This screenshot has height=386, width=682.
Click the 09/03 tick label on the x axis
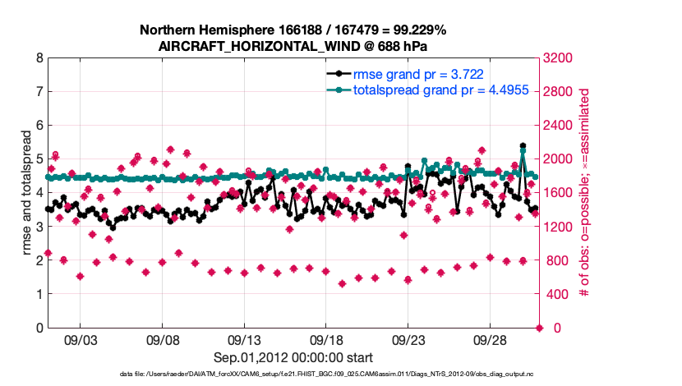(81, 339)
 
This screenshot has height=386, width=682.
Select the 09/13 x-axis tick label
(244, 339)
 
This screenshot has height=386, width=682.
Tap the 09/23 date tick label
(408, 339)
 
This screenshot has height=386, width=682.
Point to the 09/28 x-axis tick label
(490, 339)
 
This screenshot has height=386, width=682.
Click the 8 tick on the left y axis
(39, 58)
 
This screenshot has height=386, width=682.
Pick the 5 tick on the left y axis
(39, 159)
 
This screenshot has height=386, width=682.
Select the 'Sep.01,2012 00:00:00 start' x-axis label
(293, 357)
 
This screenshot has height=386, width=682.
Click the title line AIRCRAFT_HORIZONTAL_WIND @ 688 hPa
(293, 46)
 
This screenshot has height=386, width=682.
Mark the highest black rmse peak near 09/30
(523, 146)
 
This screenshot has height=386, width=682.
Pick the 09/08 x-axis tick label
(163, 339)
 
